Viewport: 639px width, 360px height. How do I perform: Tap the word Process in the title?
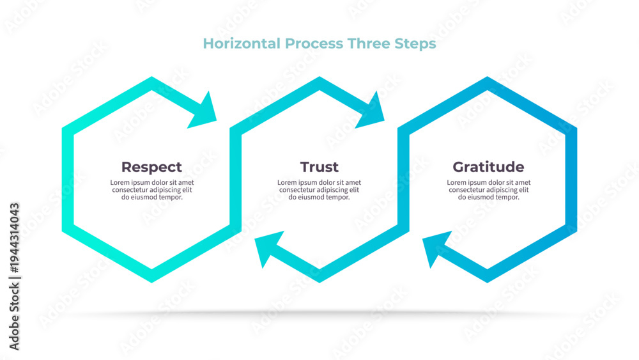click(314, 43)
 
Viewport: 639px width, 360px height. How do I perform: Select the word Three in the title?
click(369, 43)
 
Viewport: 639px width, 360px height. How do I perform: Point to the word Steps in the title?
click(415, 44)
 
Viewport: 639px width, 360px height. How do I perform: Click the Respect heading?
click(151, 167)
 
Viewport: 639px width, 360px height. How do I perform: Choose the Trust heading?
click(319, 167)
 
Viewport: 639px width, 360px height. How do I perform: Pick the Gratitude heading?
click(488, 167)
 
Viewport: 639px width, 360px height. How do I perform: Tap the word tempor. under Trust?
click(339, 198)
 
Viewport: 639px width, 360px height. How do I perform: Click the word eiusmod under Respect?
click(146, 197)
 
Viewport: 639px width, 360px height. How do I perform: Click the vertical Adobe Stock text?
click(14, 317)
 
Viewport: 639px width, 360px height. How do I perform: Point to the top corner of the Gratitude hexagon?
click(488, 77)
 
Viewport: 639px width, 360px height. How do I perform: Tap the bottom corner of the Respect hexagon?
click(151, 282)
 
